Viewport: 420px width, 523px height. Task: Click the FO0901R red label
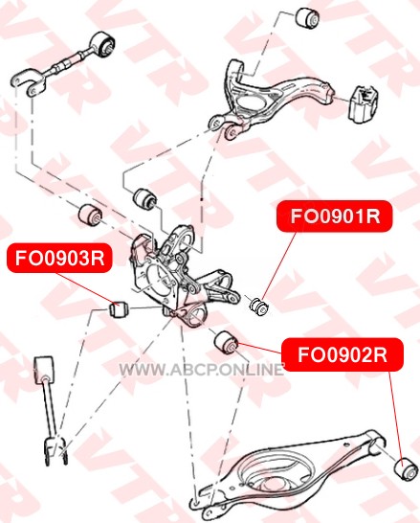pos(335,216)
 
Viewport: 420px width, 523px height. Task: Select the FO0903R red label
pos(59,258)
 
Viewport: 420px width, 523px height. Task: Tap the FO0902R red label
pos(343,354)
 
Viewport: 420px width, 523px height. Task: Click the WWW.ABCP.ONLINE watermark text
pos(201,369)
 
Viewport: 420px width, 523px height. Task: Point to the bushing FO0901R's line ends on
pos(259,307)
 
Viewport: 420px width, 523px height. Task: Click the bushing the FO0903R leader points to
pos(119,309)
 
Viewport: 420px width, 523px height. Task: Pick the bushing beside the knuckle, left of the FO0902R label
pos(226,343)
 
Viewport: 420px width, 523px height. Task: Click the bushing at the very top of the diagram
pos(307,18)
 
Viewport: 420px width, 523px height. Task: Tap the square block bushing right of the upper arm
pos(363,104)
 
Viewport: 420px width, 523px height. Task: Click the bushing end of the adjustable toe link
pos(103,45)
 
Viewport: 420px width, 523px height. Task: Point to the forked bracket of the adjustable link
pos(28,81)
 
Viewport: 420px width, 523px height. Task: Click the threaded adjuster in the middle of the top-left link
pos(65,62)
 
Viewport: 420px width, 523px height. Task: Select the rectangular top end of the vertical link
pos(44,370)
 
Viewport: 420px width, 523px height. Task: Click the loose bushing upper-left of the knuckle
pos(90,215)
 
